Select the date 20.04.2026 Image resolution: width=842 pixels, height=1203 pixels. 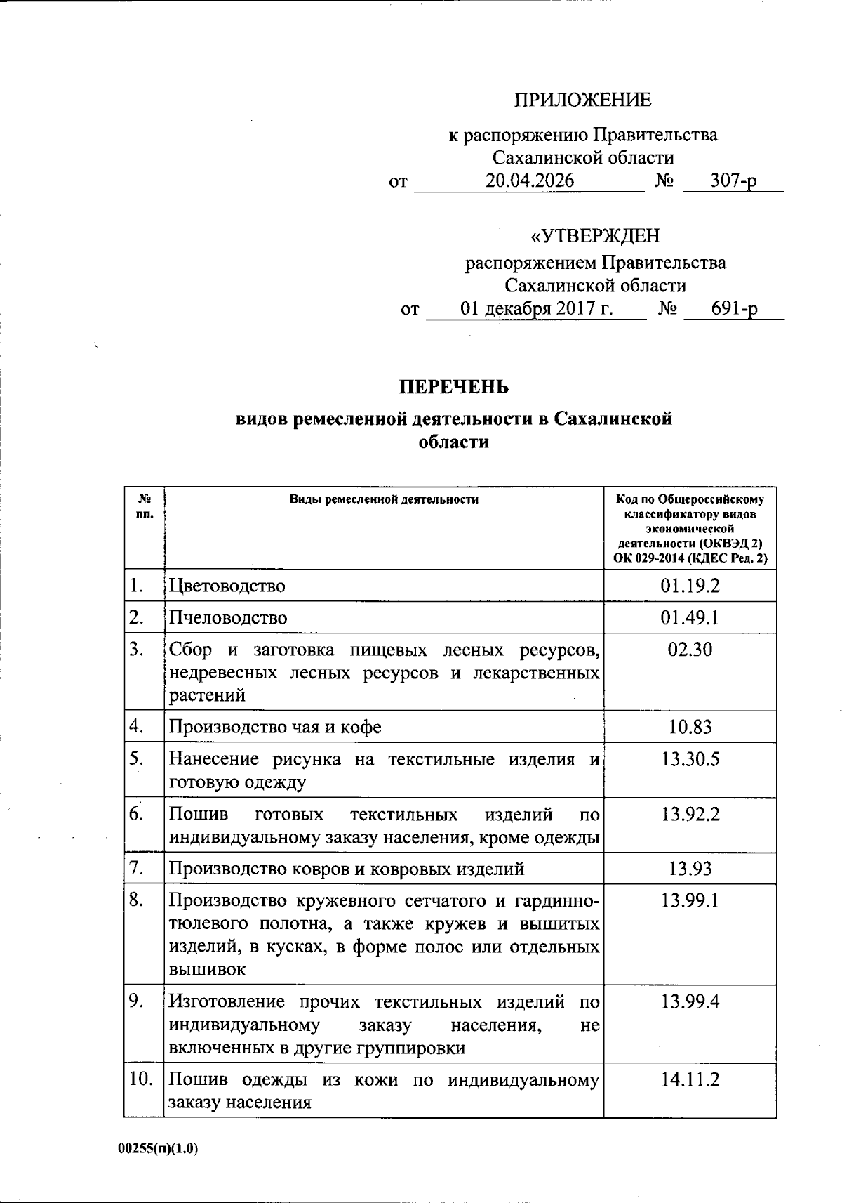coord(530,181)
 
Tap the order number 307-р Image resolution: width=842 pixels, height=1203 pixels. coord(733,181)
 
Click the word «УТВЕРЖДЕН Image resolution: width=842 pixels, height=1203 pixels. coord(594,235)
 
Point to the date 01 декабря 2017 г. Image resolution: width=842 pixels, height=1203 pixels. coord(537,309)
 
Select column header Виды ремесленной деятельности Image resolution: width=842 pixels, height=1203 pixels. coord(384,499)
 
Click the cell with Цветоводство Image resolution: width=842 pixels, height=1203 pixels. coord(227,586)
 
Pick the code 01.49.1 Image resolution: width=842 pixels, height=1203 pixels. coord(690,618)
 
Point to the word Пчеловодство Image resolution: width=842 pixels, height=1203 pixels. coord(228,618)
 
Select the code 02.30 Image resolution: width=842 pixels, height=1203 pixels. coord(690,650)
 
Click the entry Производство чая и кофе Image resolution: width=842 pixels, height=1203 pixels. coord(275,727)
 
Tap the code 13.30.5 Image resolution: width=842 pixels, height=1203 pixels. coord(690,759)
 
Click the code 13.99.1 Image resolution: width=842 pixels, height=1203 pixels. coord(690,900)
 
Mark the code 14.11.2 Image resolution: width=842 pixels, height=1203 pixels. coord(690,1079)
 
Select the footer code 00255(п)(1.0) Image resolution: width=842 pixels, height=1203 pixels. coord(159,1149)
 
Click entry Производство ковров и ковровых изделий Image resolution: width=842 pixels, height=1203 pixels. coord(347,869)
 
